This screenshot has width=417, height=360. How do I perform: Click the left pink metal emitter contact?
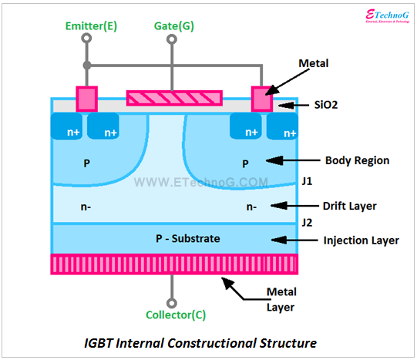87,99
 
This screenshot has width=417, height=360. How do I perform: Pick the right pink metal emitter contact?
264,99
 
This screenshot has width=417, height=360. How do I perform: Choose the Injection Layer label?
361,241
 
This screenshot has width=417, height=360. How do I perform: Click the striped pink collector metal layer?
174,264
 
